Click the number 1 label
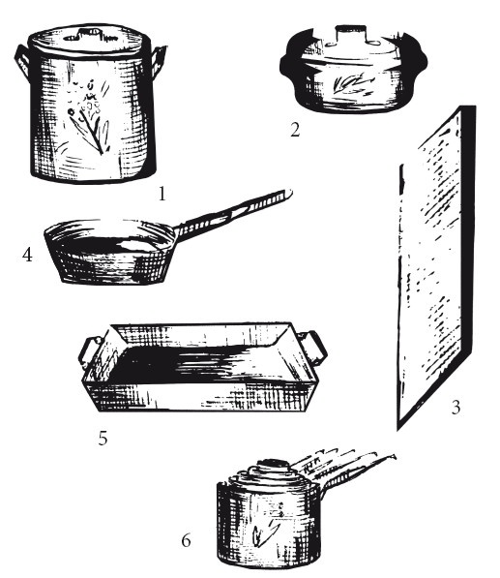(162, 194)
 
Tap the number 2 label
(295, 130)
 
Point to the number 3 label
(456, 408)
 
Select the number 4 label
(27, 255)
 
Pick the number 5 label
(103, 439)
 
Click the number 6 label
(187, 541)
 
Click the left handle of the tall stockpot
(23, 61)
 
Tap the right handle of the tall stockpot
(159, 61)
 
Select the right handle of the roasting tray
(314, 348)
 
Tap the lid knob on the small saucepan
(273, 465)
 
